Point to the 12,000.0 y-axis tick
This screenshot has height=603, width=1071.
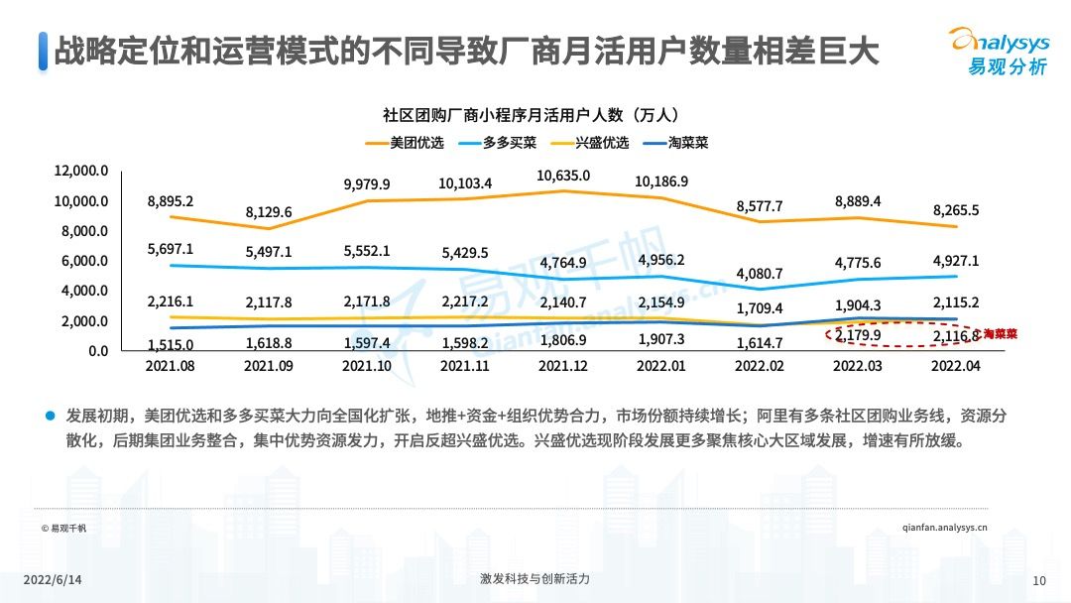tap(80, 171)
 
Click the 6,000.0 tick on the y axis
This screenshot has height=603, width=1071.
tap(83, 261)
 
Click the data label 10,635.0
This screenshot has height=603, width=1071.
tap(563, 176)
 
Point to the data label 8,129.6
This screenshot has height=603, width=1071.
tap(270, 212)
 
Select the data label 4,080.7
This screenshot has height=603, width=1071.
tap(760, 273)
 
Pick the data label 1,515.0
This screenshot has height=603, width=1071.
tap(171, 344)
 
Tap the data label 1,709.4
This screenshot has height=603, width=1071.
tap(760, 308)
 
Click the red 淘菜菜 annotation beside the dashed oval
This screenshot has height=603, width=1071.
tap(995, 334)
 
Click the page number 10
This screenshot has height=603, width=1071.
tap(1039, 580)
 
